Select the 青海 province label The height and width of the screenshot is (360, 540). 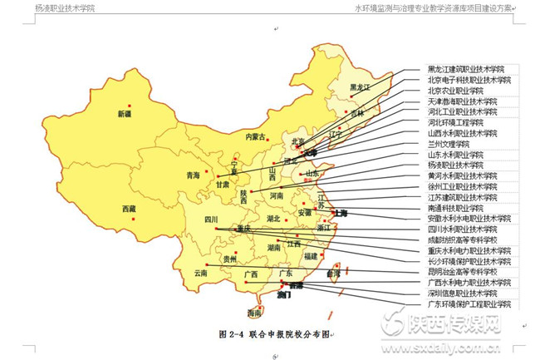click(194, 175)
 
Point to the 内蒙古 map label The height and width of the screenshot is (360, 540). click(256, 136)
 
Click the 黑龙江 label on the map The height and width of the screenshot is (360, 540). click(359, 86)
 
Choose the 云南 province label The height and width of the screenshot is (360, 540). click(201, 273)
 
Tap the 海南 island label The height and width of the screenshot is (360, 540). click(254, 313)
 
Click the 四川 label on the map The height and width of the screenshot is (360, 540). click(211, 219)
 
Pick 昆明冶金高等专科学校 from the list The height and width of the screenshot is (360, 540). click(463, 272)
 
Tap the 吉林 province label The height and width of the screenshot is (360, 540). click(356, 114)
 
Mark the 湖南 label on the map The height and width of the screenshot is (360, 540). click(273, 248)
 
